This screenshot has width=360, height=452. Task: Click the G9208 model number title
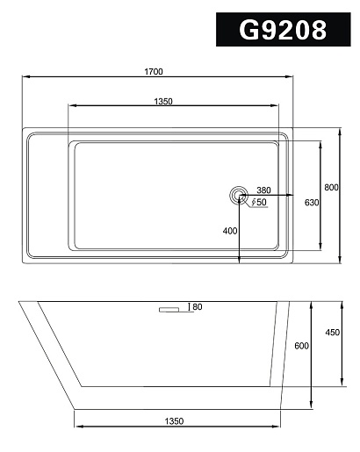click(283, 30)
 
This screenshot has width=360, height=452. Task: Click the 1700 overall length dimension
click(154, 71)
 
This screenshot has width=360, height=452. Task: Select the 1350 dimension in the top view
click(163, 101)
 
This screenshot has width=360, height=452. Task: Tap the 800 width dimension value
click(331, 187)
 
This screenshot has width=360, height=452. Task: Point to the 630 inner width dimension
click(312, 203)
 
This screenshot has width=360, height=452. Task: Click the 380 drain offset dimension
click(263, 190)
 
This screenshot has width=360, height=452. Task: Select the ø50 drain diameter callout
click(259, 202)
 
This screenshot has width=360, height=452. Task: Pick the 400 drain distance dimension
click(230, 231)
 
